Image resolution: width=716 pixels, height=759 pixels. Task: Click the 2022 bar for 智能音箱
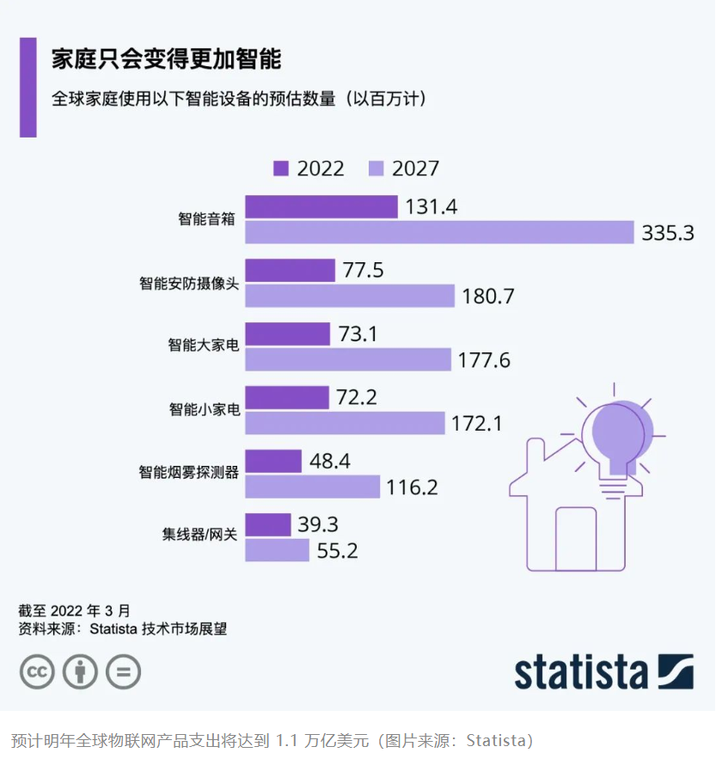pos(321,206)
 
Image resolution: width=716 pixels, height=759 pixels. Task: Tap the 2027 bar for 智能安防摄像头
pos(349,296)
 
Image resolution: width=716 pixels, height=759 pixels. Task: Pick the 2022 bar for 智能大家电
pos(287,334)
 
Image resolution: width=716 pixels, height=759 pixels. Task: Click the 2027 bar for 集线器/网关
pos(277,550)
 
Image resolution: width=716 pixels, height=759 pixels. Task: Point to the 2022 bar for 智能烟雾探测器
pos(273,461)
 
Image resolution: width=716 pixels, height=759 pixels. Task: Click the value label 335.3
pos(667,233)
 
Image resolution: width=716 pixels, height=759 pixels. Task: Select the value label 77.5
pos(363,271)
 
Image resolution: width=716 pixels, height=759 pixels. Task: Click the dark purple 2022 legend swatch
pos(281,168)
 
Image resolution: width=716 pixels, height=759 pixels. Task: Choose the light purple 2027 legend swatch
pos(376,168)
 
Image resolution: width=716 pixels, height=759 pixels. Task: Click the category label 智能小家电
pos(203,409)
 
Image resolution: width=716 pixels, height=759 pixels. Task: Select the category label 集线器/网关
pos(199,537)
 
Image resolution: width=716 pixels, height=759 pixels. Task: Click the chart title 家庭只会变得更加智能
pos(166,59)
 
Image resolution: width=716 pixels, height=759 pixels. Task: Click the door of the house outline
pos(576,537)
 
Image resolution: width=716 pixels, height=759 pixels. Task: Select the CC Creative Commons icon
pos(37,671)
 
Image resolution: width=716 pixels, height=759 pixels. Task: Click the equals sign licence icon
pos(123,671)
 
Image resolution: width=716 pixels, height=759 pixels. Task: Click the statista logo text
pos(580,672)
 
